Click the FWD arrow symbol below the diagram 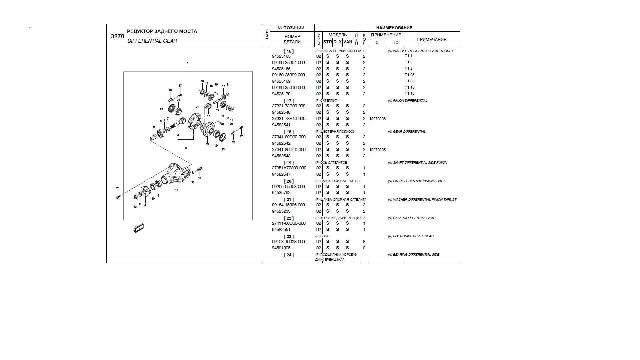(x=138, y=228)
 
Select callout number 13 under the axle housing (x=177, y=190)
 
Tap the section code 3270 (x=117, y=36)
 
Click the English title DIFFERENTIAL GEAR (x=152, y=41)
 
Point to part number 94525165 (x=281, y=56)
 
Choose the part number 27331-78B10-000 (x=288, y=119)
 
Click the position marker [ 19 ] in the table (x=289, y=163)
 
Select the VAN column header (x=348, y=42)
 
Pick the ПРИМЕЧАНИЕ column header (x=431, y=39)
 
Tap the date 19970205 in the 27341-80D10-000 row (x=377, y=150)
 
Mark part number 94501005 (x=281, y=248)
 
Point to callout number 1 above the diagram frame (x=188, y=63)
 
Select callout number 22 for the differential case (x=208, y=144)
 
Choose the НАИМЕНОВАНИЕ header (x=394, y=28)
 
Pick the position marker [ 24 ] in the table (x=289, y=255)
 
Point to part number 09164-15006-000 (x=288, y=205)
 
